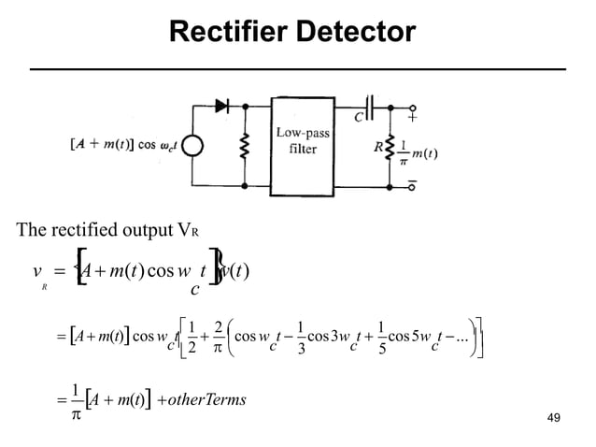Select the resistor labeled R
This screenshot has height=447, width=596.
389,147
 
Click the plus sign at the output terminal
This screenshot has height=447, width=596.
412,118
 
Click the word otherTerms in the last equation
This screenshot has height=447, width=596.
204,400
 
